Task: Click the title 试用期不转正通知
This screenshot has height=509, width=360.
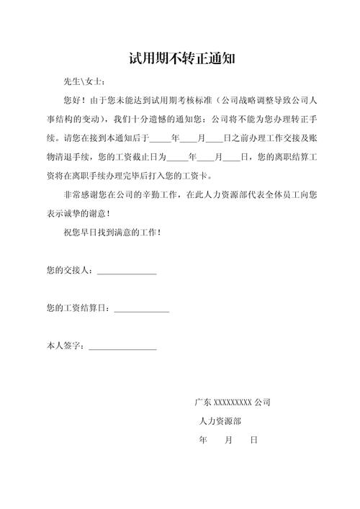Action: (x=180, y=57)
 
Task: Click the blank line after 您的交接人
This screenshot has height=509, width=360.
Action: (x=127, y=271)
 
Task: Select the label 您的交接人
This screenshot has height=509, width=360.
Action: (x=68, y=271)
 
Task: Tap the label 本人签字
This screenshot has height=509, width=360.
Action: (x=64, y=347)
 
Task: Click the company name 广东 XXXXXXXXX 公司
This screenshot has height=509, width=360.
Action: (x=232, y=402)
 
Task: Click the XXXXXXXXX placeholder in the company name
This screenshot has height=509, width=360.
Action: (x=233, y=402)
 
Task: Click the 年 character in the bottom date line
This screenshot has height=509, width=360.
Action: (x=202, y=439)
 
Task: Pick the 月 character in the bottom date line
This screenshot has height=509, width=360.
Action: (x=228, y=439)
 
